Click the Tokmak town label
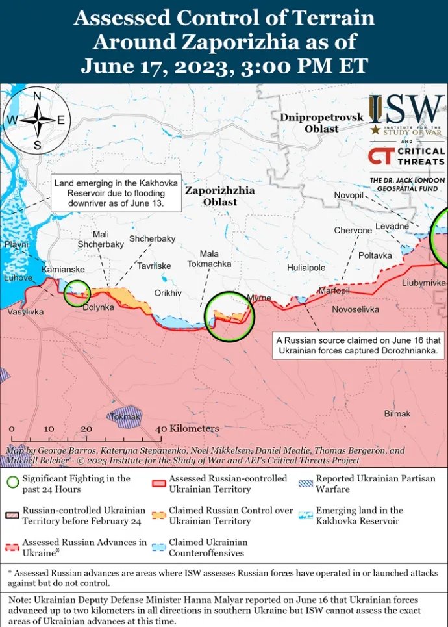pyautogui.click(x=126, y=416)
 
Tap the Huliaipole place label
pyautogui.click(x=306, y=268)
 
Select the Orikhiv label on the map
pyautogui.click(x=168, y=293)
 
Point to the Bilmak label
pyautogui.click(x=397, y=414)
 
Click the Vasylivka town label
pyautogui.click(x=25, y=313)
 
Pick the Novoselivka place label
pyautogui.click(x=355, y=309)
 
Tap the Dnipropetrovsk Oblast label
pyautogui.click(x=313, y=123)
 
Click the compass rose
pyautogui.click(x=38, y=120)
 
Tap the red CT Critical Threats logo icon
pyautogui.click(x=380, y=156)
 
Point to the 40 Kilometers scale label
pyautogui.click(x=188, y=429)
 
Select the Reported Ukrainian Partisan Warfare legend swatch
pyautogui.click(x=306, y=483)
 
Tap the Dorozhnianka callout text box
pyautogui.click(x=359, y=346)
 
